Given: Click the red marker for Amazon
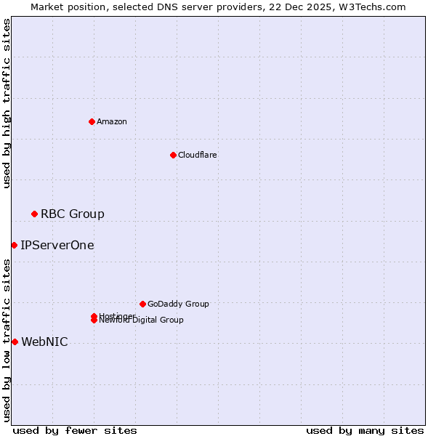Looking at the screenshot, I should (x=92, y=121).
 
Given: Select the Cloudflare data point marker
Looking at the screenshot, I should (x=173, y=155).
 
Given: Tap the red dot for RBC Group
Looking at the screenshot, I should (x=34, y=214).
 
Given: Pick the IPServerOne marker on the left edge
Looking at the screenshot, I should (x=14, y=245).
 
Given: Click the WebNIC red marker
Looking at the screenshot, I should (x=15, y=342).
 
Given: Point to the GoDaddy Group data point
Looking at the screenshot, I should (x=142, y=304).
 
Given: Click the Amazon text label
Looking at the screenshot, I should (x=111, y=121).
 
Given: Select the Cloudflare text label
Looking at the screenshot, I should (x=197, y=155).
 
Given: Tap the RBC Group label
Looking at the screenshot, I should (x=72, y=214).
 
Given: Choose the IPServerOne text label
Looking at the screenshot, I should (x=57, y=245).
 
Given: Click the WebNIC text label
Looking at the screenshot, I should (x=44, y=342).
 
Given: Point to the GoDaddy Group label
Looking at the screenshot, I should (x=178, y=304).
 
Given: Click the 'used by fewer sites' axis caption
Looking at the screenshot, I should (x=75, y=430).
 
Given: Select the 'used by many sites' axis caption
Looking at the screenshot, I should (x=365, y=430).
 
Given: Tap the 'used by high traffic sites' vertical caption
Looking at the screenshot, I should (x=7, y=103).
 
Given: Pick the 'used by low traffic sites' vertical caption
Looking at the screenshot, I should (x=7, y=340).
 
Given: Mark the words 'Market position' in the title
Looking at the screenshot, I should (x=65, y=7).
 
